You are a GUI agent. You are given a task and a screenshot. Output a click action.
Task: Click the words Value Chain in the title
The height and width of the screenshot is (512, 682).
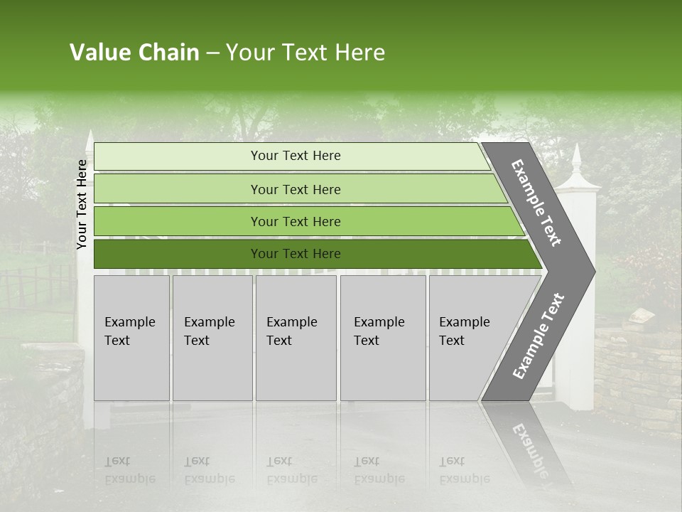pos(134,53)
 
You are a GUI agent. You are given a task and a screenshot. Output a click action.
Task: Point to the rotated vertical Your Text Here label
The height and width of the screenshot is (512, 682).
pos(82,204)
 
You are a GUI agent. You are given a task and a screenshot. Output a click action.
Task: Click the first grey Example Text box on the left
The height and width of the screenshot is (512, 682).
pos(131,338)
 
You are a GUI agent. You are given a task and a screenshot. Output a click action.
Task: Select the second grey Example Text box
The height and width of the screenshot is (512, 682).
pos(212,338)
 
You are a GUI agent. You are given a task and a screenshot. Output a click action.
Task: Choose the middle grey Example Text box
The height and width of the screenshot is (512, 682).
pos(296,338)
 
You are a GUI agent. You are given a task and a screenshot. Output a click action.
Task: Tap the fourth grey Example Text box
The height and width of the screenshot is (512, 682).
pos(383,338)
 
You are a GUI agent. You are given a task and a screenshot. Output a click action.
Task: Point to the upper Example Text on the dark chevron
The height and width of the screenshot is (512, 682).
pos(536,203)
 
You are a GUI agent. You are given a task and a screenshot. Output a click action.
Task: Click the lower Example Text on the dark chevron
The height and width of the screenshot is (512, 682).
pos(538,336)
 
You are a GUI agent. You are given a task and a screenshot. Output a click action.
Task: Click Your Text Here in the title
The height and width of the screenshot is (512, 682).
pos(305,53)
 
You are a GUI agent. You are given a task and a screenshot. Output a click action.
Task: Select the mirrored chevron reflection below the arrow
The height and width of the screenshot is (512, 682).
pos(529,441)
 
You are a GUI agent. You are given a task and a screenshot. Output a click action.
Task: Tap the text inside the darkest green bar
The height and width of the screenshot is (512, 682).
pos(296,254)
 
